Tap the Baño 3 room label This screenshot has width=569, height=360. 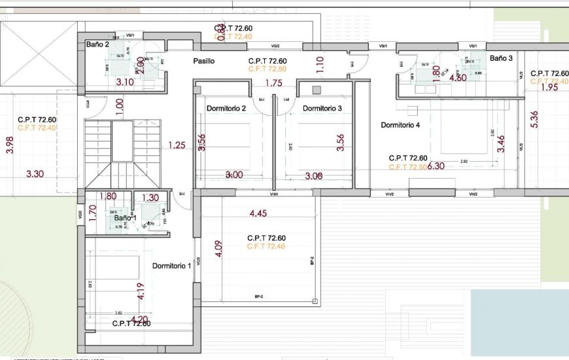pos(501,58)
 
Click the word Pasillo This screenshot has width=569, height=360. pos(203,61)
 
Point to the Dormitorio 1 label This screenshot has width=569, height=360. pos(172,266)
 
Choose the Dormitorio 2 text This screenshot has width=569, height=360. pos(226,108)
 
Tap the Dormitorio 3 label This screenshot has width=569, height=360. pos(322,108)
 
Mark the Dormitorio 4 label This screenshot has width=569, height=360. pos(400,124)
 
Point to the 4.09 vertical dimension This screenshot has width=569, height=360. pos(218,250)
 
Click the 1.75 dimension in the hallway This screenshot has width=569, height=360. pos(273,83)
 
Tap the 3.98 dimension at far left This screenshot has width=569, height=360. pos(9,145)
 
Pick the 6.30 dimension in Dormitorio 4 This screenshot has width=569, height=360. pos(436,166)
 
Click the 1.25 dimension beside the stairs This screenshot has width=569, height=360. pos(177,145)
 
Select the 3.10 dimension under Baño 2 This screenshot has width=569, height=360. pos(124,82)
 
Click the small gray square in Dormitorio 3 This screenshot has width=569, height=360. pos(317,90)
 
